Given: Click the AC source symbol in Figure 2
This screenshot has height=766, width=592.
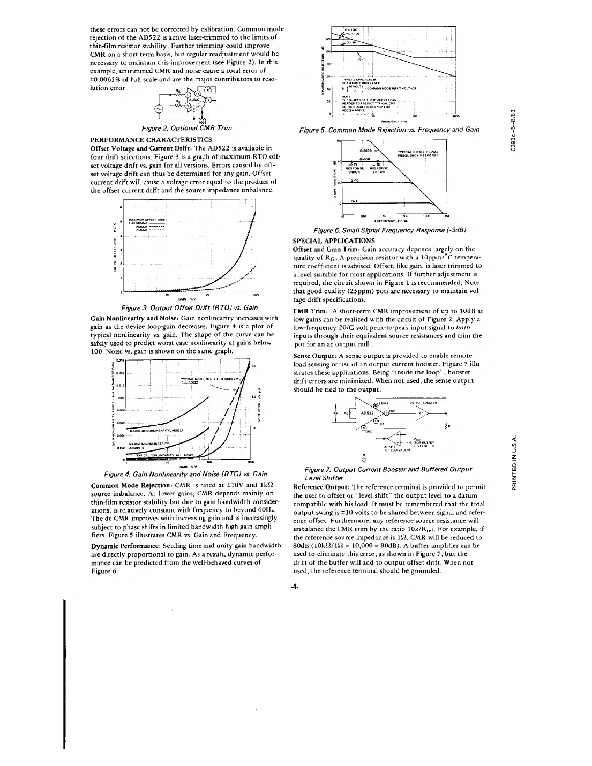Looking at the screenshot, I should tap(159, 109).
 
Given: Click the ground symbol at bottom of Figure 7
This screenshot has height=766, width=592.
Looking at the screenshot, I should tap(364, 457).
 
